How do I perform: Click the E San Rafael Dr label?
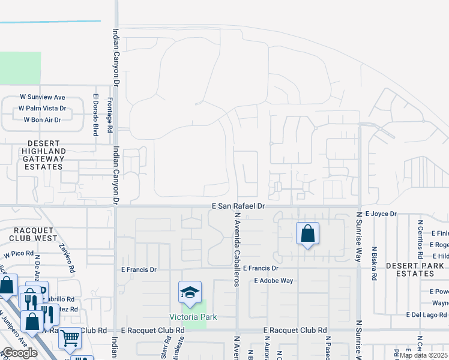(239, 206)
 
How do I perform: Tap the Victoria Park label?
(192, 317)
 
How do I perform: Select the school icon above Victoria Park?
(189, 294)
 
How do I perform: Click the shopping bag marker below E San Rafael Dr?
(307, 234)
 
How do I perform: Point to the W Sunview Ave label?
(42, 97)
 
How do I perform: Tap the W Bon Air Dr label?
(42, 120)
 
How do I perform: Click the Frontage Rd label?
(110, 115)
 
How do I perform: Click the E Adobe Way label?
(273, 280)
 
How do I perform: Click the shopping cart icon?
(70, 339)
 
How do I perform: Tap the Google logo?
(20, 353)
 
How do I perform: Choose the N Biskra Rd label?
(374, 264)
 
